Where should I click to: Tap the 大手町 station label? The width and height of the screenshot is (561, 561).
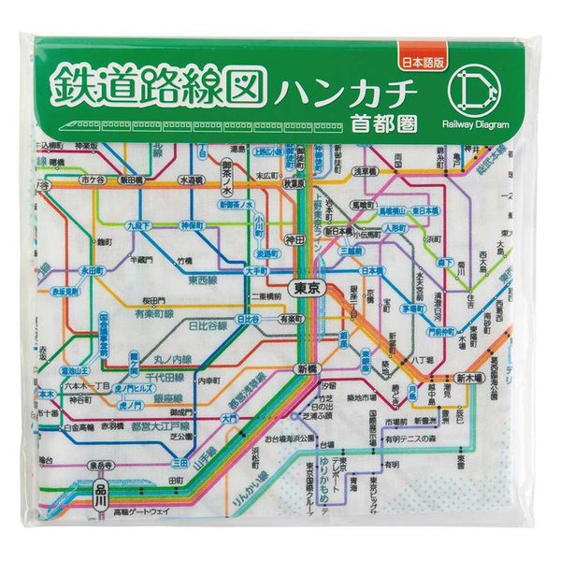pyautogui.click(x=256, y=271)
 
